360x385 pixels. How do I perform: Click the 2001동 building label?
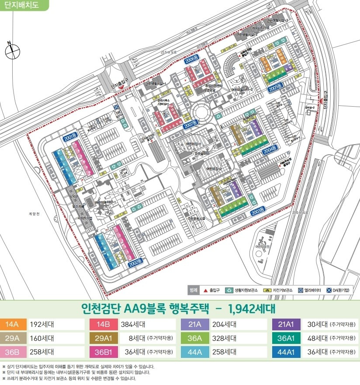[x=69, y=137]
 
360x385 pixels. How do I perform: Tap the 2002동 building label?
[x=135, y=265]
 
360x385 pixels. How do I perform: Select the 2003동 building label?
[x=259, y=211]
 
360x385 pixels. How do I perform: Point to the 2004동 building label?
[x=270, y=149]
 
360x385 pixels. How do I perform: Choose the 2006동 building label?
[x=191, y=60]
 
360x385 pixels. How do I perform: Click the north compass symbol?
[x=12, y=51]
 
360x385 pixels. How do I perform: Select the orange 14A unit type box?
[x=14, y=325]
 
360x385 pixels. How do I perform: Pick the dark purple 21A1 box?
[x=286, y=325]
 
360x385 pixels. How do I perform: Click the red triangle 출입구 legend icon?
[x=205, y=290]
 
